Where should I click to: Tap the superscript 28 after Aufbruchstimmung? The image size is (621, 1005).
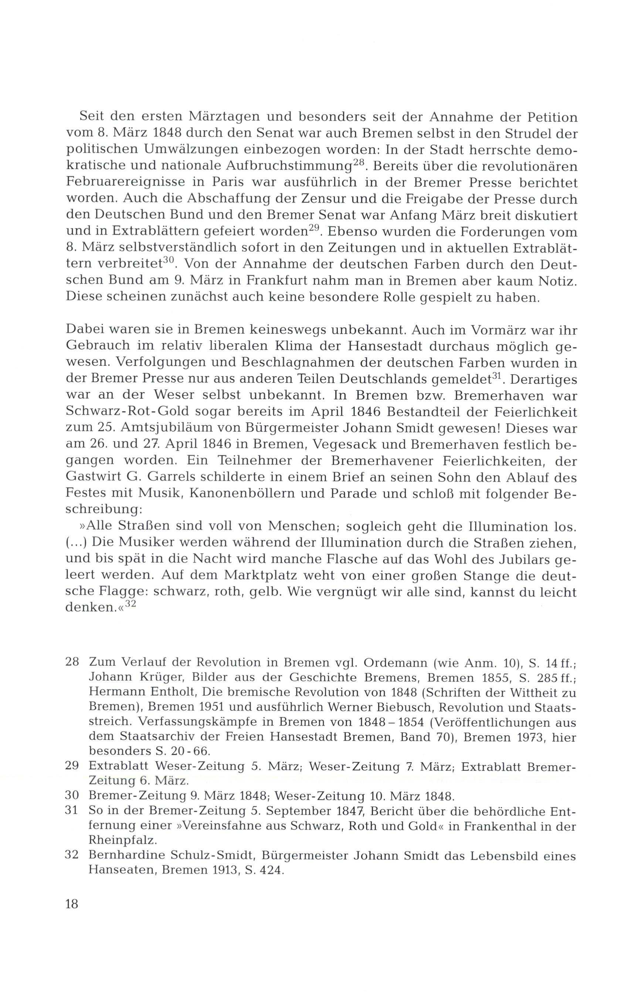click(x=359, y=163)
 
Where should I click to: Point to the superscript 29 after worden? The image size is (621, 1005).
click(x=314, y=229)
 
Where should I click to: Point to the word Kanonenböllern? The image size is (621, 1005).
click(x=241, y=494)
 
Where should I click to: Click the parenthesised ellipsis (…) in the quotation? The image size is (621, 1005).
click(x=76, y=543)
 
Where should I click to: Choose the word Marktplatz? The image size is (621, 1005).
click(x=266, y=576)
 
